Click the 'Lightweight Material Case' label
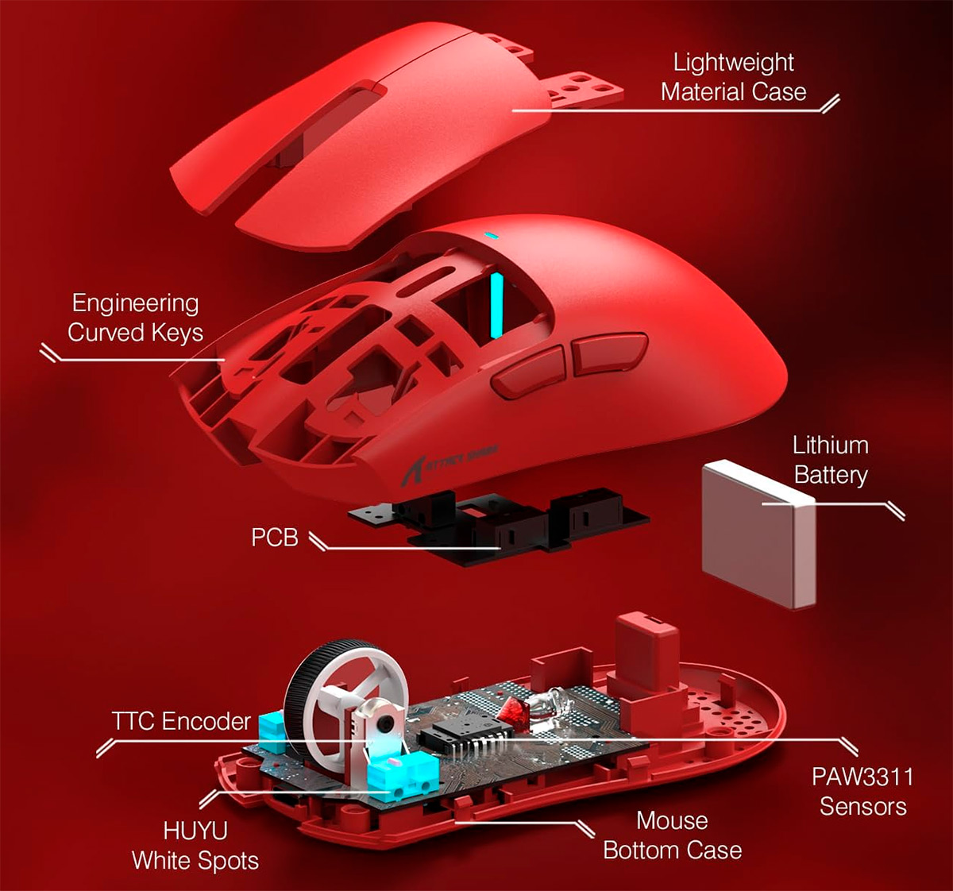(733, 77)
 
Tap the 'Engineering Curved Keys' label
(135, 318)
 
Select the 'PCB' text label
(275, 537)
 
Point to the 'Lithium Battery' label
(830, 460)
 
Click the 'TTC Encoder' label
(181, 720)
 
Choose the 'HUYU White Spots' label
(195, 846)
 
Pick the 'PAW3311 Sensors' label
(862, 791)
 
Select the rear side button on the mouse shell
(609, 353)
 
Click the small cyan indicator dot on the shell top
(491, 236)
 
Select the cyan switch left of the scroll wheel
(272, 730)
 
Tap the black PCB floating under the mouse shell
(499, 526)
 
